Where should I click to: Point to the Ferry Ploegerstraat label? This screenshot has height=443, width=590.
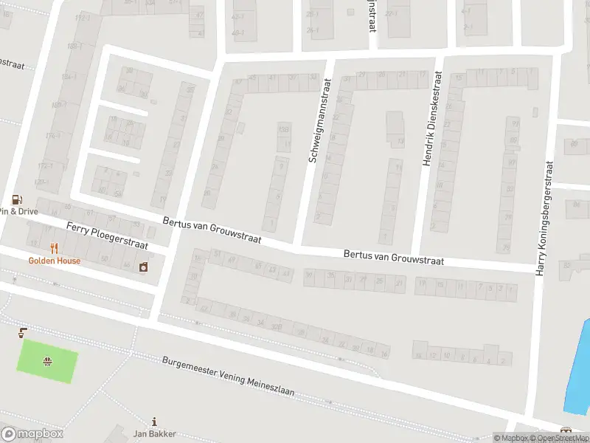coord(107,235)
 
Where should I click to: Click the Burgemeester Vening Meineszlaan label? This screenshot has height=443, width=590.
coord(228,377)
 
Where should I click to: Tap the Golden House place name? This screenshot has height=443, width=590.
coord(55,261)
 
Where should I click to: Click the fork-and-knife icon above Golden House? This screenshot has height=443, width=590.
coord(54,248)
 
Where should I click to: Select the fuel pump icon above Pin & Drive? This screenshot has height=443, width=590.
coord(16,199)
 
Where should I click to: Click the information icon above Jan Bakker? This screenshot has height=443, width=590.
coord(153,422)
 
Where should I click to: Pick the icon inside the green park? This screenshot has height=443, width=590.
coord(47,361)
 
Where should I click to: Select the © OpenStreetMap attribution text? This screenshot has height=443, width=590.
coord(558,439)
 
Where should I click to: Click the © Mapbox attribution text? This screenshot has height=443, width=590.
coord(510,439)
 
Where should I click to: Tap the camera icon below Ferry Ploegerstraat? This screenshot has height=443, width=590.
coord(143,265)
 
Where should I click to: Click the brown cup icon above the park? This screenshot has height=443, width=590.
coord(24,331)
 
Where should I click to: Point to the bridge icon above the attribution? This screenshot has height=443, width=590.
coord(566,430)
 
